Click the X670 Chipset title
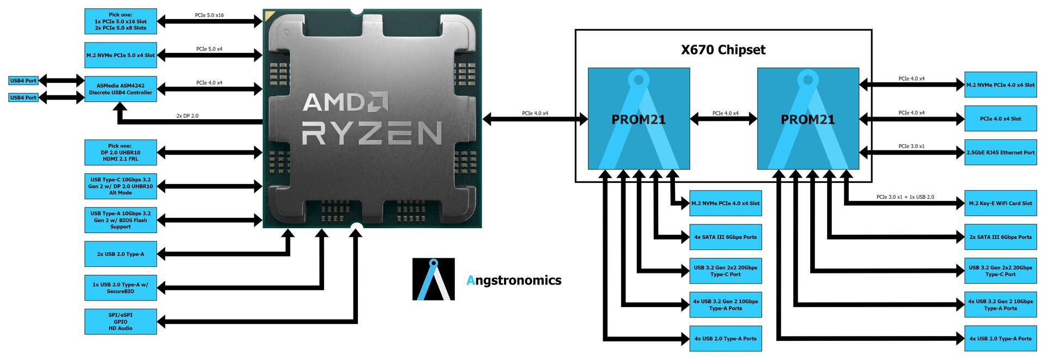tap(723, 50)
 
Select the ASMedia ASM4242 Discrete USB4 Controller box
tap(120, 89)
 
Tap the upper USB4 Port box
tap(23, 81)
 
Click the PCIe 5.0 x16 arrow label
tap(209, 15)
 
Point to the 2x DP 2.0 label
tap(187, 116)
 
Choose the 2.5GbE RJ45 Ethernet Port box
tap(1000, 152)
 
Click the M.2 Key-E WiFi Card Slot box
tap(1000, 203)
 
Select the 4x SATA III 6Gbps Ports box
tap(725, 237)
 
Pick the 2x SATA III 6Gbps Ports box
tap(1000, 237)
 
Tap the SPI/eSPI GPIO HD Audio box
tap(120, 321)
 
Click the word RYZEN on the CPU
tap(372, 133)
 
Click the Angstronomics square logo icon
tap(433, 279)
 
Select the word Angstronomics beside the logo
tap(514, 280)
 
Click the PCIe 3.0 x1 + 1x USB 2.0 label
tap(905, 197)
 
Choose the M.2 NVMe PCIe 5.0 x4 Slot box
tap(120, 55)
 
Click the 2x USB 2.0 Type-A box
tap(120, 254)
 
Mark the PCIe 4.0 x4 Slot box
tap(1000, 119)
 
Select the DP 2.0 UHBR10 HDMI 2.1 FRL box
tap(120, 152)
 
